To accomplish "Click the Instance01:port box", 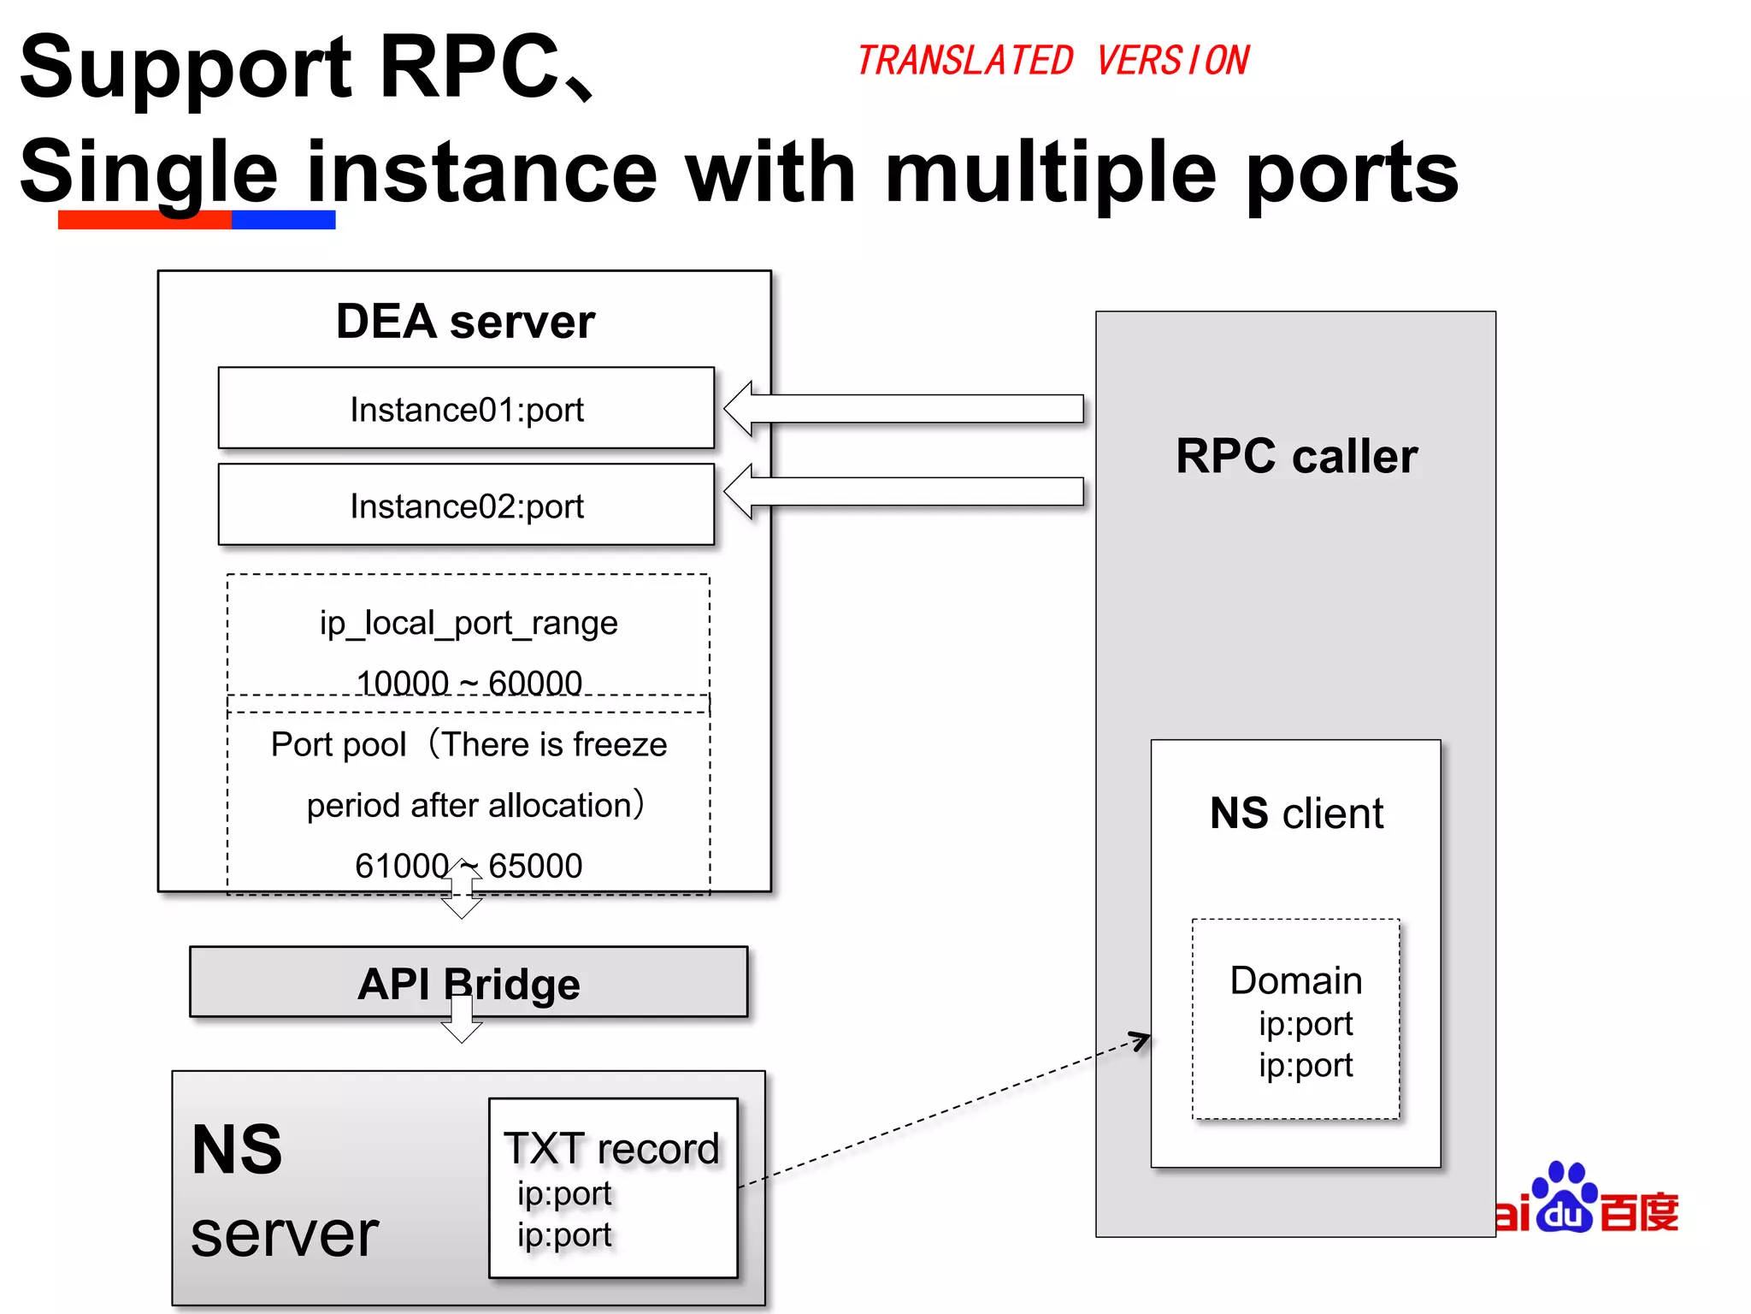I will pos(466,408).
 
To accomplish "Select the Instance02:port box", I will pos(466,505).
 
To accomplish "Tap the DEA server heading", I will pos(465,322).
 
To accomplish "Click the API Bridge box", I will pos(469,982).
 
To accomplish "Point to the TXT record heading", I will pos(611,1148).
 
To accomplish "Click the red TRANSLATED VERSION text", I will pos(1052,61).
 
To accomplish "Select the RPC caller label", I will pos(1296,456).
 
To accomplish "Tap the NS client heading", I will pos(1296,813).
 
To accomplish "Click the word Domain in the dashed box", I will pos(1296,980).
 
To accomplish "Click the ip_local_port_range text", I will pos(469,623).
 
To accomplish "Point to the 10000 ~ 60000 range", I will pos(469,683).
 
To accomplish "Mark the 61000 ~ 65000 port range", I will pos(469,866).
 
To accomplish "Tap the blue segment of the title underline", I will pos(283,221).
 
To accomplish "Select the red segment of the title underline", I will pos(144,221).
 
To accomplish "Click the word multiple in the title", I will pos(1050,174).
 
